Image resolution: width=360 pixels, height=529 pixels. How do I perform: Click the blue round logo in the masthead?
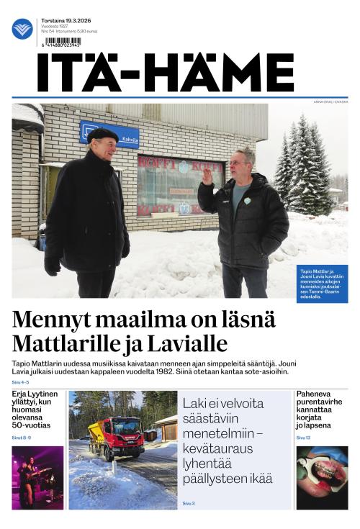(22, 29)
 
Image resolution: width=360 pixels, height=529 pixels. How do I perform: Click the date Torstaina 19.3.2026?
(68, 22)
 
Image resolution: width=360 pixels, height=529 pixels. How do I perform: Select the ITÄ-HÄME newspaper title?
(166, 73)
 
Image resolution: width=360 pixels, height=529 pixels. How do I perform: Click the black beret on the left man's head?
(102, 134)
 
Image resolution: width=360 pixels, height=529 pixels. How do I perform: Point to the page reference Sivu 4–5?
(21, 382)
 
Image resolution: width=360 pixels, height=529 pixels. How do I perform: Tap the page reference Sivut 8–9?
(22, 437)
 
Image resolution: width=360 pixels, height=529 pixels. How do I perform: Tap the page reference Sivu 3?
(189, 503)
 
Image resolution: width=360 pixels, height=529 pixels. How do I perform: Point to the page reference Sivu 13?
(303, 437)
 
